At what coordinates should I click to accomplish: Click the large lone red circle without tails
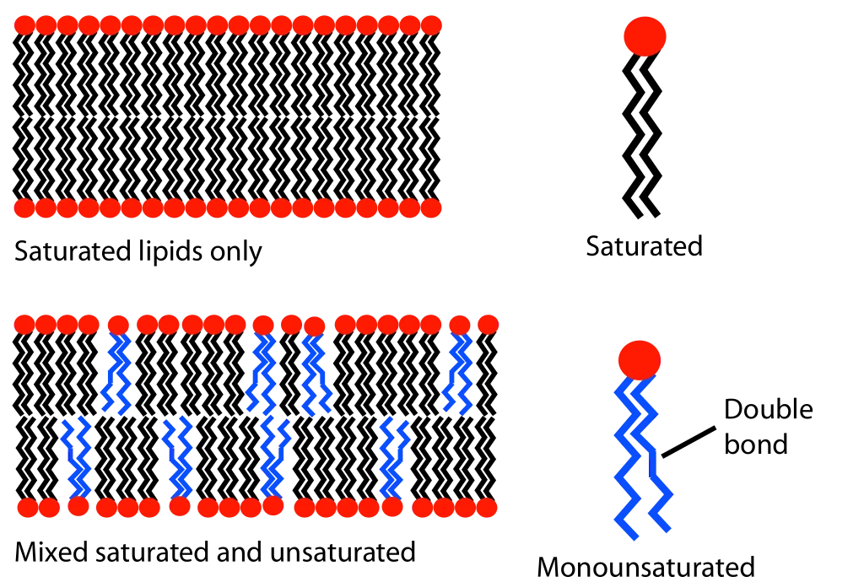(645, 36)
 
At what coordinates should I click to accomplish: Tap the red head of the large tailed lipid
(640, 360)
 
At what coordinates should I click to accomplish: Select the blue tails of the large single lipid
(641, 460)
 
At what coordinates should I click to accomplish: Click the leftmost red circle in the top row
(24, 25)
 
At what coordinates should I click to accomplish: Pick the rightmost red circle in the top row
(432, 25)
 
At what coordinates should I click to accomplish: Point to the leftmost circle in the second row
(24, 208)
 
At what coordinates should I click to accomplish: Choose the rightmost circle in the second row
(432, 208)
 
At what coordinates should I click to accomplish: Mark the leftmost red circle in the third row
(24, 324)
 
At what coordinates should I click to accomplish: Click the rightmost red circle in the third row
(489, 324)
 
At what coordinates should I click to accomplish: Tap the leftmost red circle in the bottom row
(27, 508)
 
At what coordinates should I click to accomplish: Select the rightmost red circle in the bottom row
(487, 508)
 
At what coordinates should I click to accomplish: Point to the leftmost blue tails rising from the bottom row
(78, 455)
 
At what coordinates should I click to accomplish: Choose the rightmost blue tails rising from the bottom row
(392, 455)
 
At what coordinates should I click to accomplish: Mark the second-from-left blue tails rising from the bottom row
(179, 455)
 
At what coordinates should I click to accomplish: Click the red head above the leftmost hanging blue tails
(118, 325)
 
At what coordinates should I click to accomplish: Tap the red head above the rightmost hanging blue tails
(460, 325)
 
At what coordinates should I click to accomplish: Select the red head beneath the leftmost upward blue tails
(78, 507)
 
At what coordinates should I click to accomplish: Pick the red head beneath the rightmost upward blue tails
(392, 507)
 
